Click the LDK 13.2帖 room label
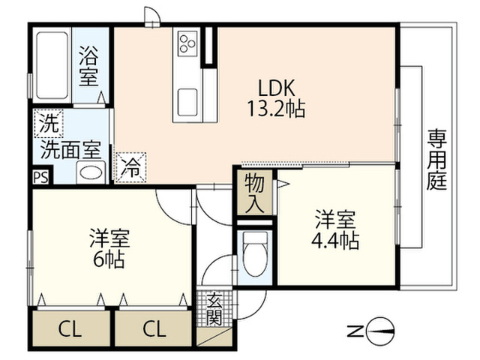coord(276,98)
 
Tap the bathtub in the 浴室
coord(52,65)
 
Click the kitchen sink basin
coord(187,103)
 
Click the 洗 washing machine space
coord(48,123)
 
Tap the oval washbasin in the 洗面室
coord(91,173)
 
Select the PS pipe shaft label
coord(40,178)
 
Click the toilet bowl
coord(255,255)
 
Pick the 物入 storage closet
coord(255,192)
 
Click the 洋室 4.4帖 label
coord(335,229)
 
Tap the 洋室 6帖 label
coord(109,248)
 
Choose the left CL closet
coord(70,328)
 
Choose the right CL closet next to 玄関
coord(154,328)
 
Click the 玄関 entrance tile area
coord(214,308)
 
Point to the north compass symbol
coord(380,331)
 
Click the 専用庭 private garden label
coord(437,160)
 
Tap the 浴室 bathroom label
coord(88,65)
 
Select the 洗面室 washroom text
coord(70,150)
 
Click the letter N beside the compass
coord(355,331)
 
